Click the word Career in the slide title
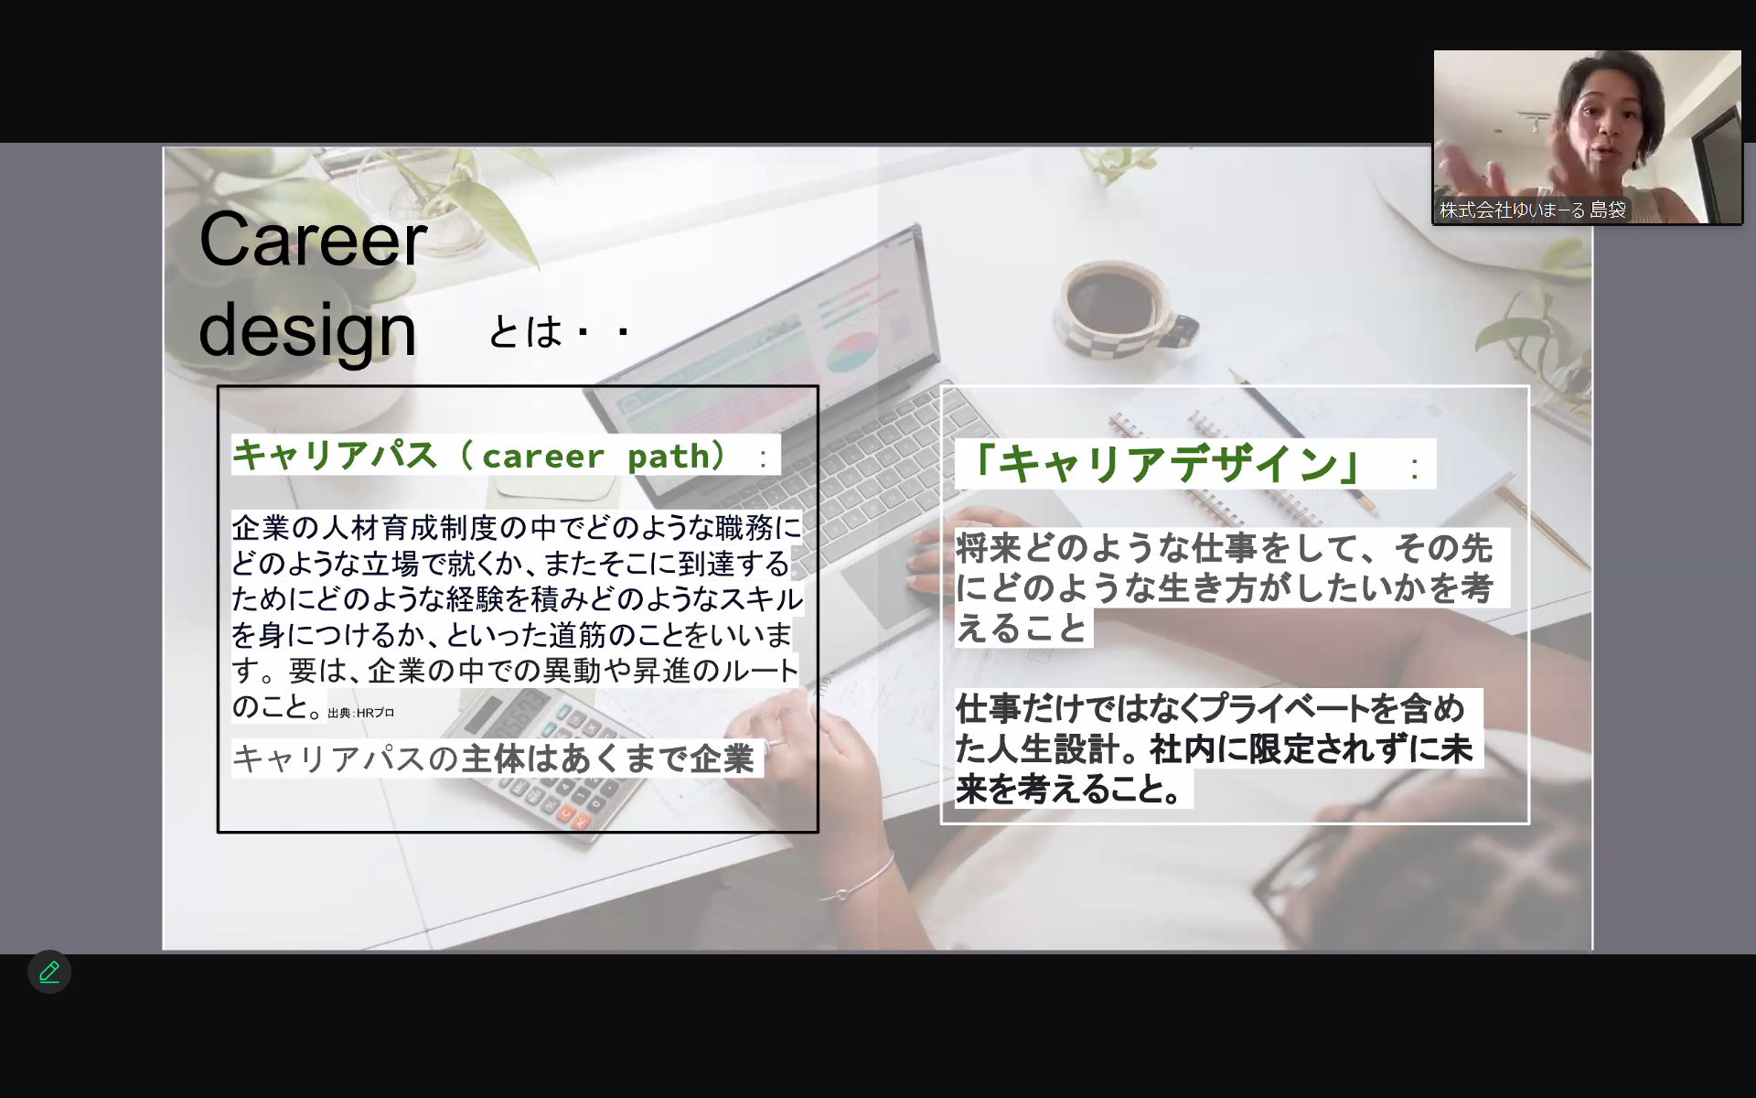[313, 240]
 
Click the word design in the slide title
[307, 330]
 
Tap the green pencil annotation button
[49, 972]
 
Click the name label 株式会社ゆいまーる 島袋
[1533, 210]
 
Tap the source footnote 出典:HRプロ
[361, 713]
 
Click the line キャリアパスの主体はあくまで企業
[494, 759]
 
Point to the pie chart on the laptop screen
[851, 352]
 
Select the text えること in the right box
[1022, 629]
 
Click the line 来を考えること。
[1071, 789]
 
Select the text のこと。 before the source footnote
[278, 706]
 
